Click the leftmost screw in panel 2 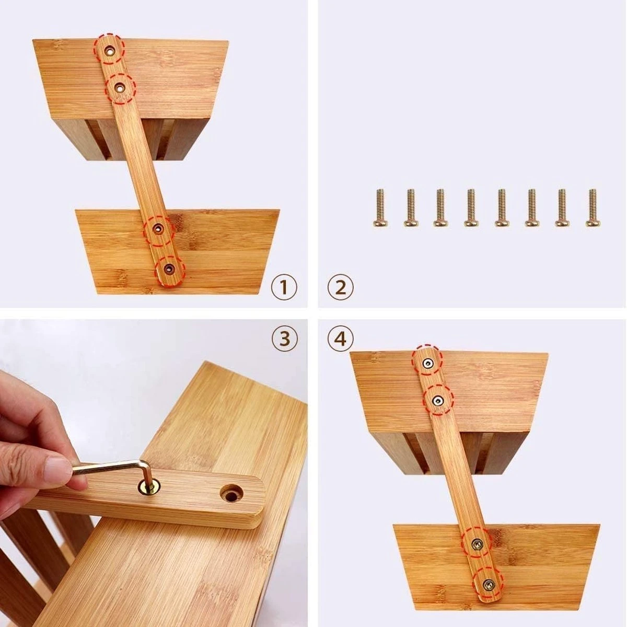[x=380, y=208]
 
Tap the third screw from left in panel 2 [x=440, y=208]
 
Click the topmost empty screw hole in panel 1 [x=111, y=50]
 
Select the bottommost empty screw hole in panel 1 [x=168, y=269]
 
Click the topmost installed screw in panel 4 [x=428, y=363]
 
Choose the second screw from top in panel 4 [x=438, y=400]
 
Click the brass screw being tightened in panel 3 [x=147, y=487]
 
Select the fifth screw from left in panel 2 [x=501, y=208]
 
